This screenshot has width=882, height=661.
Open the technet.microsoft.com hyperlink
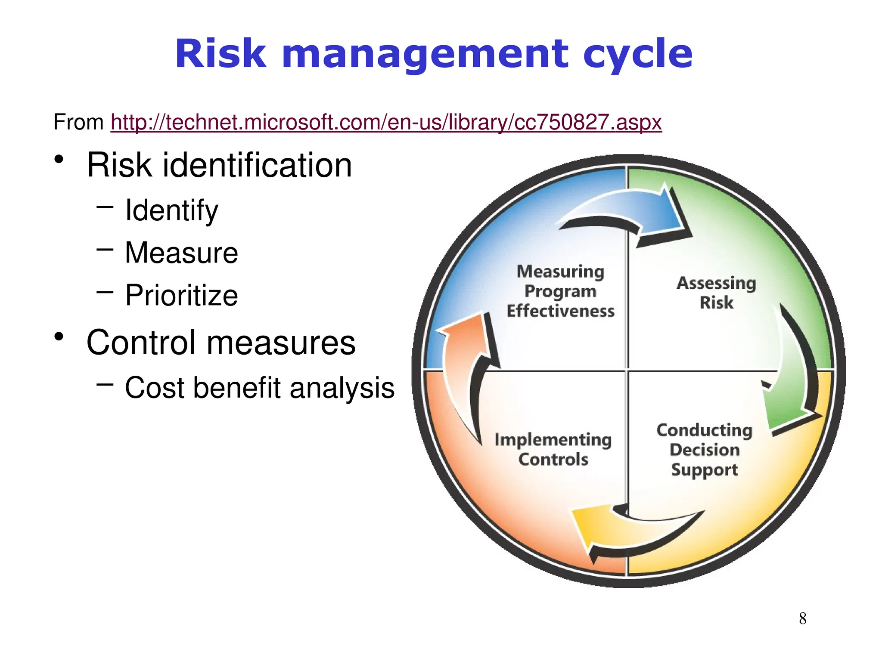pyautogui.click(x=386, y=122)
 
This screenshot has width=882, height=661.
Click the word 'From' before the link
pyautogui.click(x=78, y=122)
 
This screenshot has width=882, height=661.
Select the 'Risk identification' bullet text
pyautogui.click(x=219, y=165)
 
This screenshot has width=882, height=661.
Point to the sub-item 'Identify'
pyautogui.click(x=171, y=210)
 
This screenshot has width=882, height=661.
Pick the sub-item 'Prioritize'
pyautogui.click(x=181, y=295)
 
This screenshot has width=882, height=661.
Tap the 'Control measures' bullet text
pyautogui.click(x=220, y=343)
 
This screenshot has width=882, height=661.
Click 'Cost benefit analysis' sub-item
pyautogui.click(x=259, y=388)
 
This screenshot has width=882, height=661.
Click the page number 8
pyautogui.click(x=802, y=618)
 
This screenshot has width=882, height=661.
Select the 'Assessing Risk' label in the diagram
pyautogui.click(x=716, y=293)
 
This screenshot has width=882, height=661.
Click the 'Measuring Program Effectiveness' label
pyautogui.click(x=560, y=291)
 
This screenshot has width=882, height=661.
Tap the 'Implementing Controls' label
pyautogui.click(x=553, y=449)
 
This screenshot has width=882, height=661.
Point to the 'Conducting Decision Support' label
pyautogui.click(x=704, y=450)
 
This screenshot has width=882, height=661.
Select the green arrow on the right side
pyautogui.click(x=792, y=379)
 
